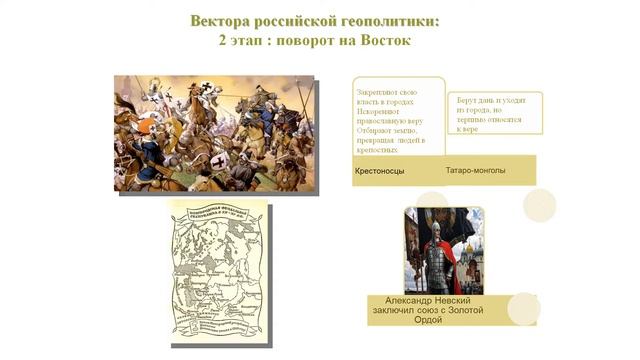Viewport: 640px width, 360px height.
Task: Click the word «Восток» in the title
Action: pyautogui.click(x=381, y=42)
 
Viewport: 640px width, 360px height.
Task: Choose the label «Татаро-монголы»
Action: pyautogui.click(x=475, y=170)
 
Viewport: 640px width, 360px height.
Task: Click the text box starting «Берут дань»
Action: pyautogui.click(x=494, y=113)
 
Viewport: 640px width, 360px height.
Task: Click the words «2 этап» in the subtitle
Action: pyautogui.click(x=239, y=42)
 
